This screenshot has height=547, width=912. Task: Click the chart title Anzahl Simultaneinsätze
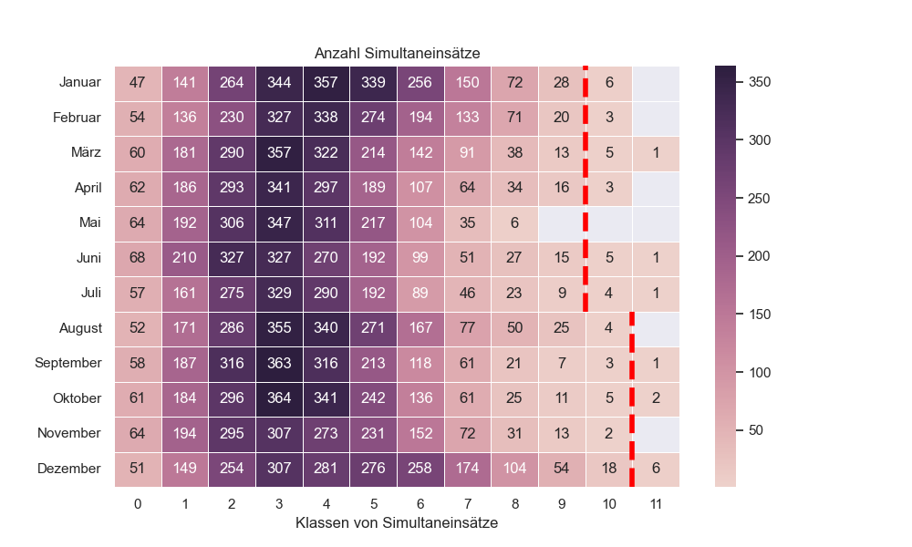click(397, 54)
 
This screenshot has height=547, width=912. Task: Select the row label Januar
click(79, 83)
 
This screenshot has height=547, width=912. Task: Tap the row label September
click(67, 363)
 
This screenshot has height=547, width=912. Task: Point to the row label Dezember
click(69, 469)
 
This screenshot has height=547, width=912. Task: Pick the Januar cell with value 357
click(326, 83)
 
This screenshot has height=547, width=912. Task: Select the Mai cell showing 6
click(514, 223)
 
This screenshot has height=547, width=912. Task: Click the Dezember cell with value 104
click(514, 469)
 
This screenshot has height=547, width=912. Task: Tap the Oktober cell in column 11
click(656, 398)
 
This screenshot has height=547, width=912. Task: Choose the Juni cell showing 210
click(185, 258)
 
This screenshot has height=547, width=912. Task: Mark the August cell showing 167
click(420, 328)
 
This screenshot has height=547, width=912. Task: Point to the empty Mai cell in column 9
click(562, 223)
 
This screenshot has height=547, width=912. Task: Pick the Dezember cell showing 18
click(608, 469)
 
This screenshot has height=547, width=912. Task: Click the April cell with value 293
click(232, 188)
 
